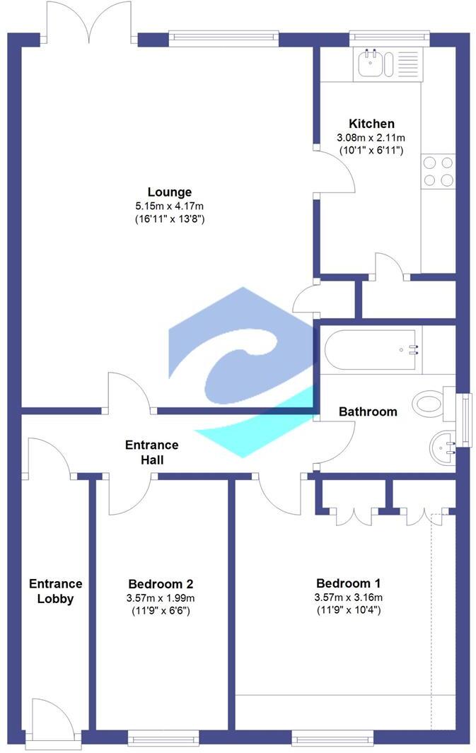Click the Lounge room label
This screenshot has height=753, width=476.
[x=169, y=192]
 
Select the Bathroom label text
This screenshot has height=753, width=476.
[x=368, y=411]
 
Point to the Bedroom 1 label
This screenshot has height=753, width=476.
[x=348, y=583]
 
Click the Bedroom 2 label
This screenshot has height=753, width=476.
[x=161, y=584]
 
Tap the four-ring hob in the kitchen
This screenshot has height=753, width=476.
[x=438, y=171]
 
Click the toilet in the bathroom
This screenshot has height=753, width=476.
[x=433, y=404]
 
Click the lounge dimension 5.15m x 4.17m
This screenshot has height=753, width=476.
[x=169, y=206]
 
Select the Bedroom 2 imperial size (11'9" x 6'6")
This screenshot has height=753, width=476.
[x=161, y=611]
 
